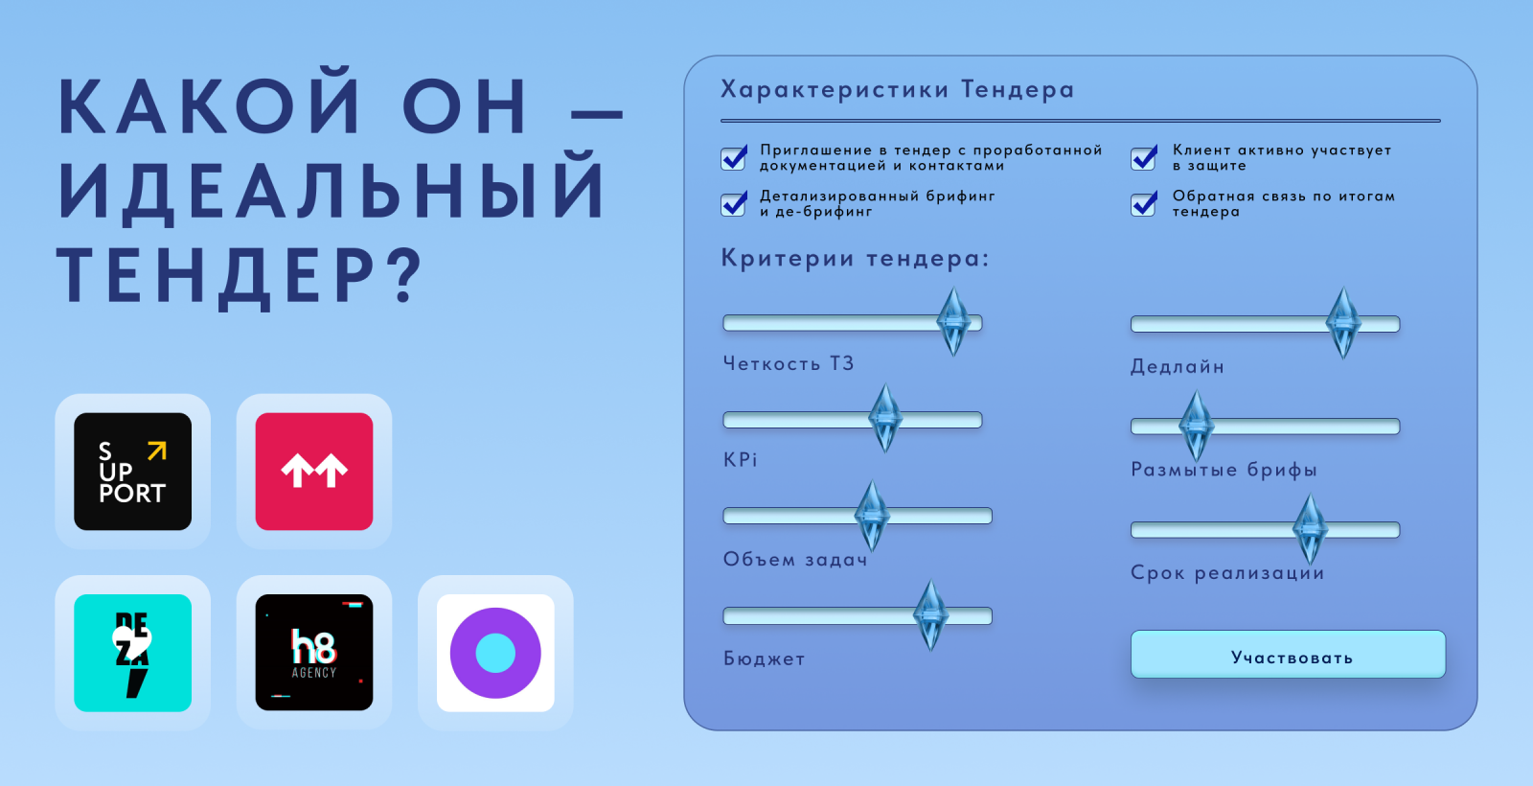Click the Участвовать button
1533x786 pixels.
[x=1288, y=655]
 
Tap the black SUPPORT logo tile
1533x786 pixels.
[x=133, y=471]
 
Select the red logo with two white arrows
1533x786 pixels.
[x=314, y=471]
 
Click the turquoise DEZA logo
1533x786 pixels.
[x=133, y=653]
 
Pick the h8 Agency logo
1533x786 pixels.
[x=314, y=653]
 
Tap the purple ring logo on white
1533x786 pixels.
[x=495, y=653]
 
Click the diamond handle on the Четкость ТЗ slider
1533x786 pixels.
[x=953, y=322]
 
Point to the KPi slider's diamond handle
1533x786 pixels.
[x=885, y=418]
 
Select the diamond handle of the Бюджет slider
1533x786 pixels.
[x=930, y=614]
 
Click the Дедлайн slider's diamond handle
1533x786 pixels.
[x=1342, y=323]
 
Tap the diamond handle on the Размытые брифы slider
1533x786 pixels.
[x=1197, y=426]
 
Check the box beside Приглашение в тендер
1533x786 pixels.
[x=734, y=158]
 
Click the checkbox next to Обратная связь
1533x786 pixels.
[x=1144, y=204]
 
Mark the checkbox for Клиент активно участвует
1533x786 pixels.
[x=1144, y=158]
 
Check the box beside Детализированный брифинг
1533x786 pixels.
[x=734, y=204]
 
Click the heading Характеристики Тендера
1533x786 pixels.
[x=897, y=90]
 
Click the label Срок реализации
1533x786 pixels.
[x=1227, y=573]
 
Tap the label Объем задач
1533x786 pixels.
[x=795, y=560]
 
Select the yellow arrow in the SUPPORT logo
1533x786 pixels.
[x=157, y=451]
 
